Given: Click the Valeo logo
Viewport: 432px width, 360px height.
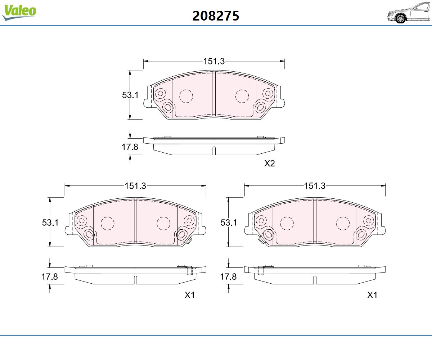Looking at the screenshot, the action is point(19,12).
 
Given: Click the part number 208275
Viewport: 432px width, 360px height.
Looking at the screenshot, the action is point(216,16).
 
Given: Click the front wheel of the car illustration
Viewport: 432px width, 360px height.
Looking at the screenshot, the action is point(400,18).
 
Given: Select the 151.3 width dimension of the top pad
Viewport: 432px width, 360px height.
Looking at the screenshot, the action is point(214,61).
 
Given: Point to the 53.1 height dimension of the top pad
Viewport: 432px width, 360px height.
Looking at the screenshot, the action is point(130,95).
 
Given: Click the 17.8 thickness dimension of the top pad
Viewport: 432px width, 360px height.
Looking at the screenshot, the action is point(130,147).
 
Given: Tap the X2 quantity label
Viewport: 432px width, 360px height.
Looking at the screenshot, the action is point(270,164).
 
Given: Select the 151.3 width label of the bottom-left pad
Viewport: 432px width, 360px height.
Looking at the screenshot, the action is point(135,186).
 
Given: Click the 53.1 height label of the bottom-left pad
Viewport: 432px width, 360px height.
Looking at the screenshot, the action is point(50,222).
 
